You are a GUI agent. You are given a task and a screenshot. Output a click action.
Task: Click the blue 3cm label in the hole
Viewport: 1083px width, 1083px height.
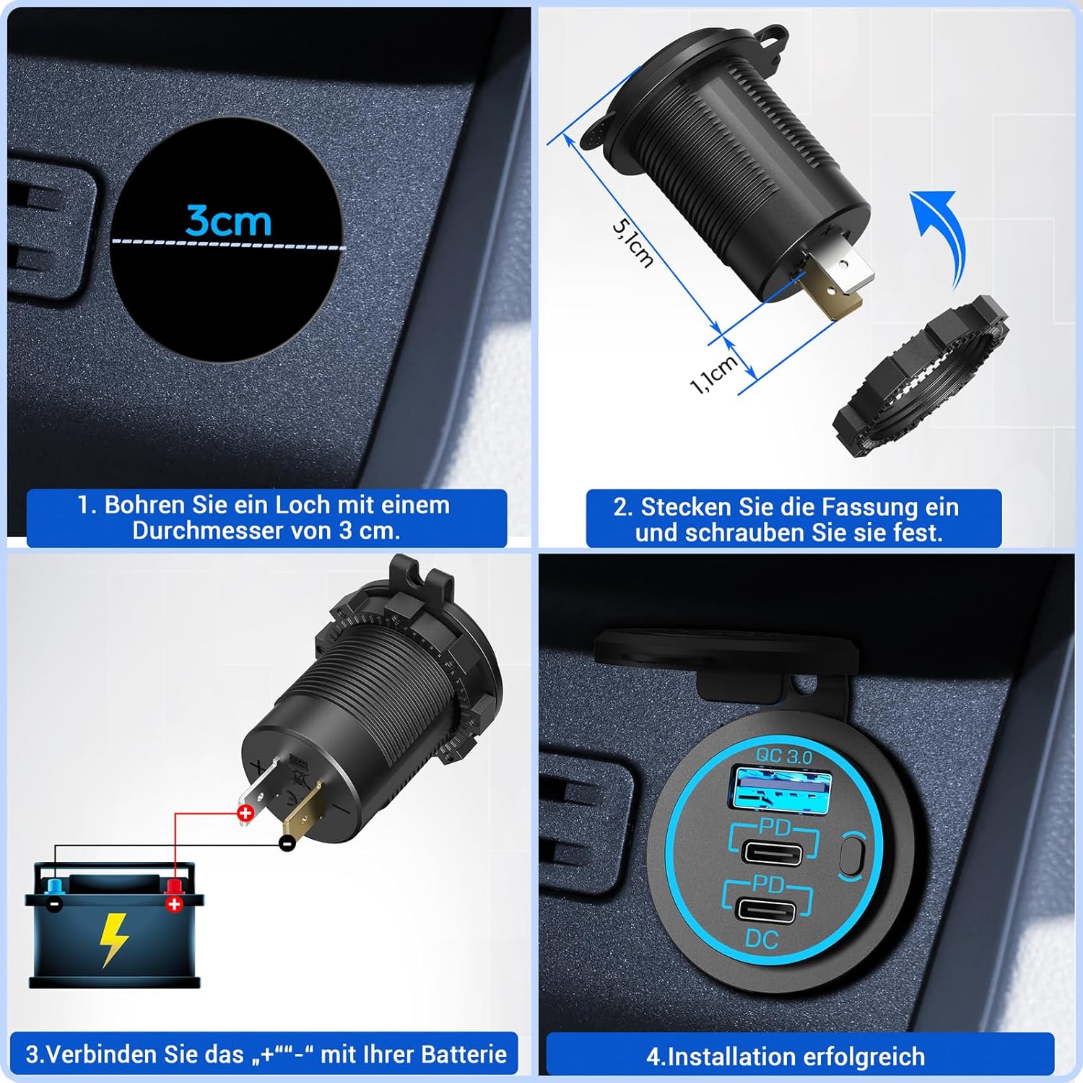tap(228, 220)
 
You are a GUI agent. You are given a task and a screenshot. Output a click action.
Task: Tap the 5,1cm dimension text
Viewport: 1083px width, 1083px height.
tap(633, 243)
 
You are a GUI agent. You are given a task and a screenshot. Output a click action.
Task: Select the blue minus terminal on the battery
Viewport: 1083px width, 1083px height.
tap(54, 896)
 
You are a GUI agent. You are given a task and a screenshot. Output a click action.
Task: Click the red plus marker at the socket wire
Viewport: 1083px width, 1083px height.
tap(245, 814)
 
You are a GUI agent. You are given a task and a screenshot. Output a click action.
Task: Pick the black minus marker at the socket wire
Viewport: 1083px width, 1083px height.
tap(287, 843)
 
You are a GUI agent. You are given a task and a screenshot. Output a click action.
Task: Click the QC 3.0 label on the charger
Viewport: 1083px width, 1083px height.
tap(784, 757)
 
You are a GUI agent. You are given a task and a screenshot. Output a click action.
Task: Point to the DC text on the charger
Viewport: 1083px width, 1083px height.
tap(762, 939)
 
